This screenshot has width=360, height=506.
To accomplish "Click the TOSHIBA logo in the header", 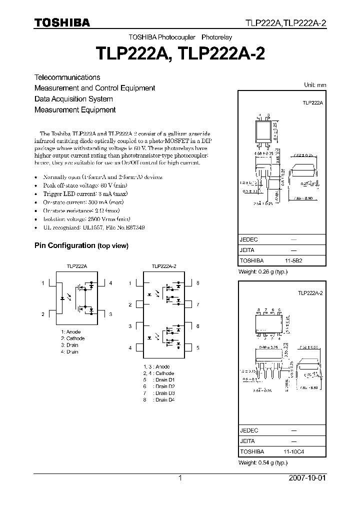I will (x=62, y=23).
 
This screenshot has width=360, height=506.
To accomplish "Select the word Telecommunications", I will (x=67, y=77).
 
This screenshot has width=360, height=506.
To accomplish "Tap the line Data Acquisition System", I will (x=73, y=99).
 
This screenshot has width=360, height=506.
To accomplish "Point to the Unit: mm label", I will (x=315, y=85).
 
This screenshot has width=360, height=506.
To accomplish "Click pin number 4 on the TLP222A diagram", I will (x=110, y=283).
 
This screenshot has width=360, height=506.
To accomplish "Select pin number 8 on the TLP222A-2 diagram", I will (x=197, y=283).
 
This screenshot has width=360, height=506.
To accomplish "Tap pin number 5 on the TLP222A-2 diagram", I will (x=197, y=347).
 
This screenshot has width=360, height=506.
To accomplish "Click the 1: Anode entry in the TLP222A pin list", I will (x=70, y=332).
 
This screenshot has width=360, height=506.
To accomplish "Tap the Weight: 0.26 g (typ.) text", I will (x=263, y=272).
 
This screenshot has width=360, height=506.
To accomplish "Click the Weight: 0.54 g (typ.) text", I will (x=263, y=463).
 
